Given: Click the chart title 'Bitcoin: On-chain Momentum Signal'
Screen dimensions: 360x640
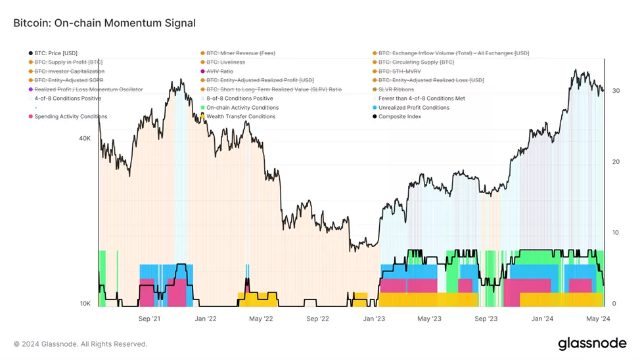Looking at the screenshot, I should tap(104, 23).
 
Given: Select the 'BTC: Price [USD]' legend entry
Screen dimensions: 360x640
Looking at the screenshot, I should tap(56, 53).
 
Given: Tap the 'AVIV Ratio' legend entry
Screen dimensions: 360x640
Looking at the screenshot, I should tap(219, 72).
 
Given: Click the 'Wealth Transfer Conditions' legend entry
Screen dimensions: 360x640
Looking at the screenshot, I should tap(240, 117).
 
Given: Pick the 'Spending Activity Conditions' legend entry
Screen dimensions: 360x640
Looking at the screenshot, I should tap(71, 117).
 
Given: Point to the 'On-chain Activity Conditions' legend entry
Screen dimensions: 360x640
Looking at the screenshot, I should tap(242, 108).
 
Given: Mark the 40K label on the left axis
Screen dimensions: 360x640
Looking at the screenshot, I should tap(85, 139).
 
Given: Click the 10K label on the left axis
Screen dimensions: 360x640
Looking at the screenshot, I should tap(85, 304).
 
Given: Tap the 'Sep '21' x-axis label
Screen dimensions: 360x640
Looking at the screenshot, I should tap(150, 319).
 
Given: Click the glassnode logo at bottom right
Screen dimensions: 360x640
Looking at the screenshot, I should tap(592, 344).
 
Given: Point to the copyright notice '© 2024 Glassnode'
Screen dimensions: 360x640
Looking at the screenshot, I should tap(80, 344).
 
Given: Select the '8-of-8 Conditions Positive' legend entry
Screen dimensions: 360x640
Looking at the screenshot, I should tap(239, 99).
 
